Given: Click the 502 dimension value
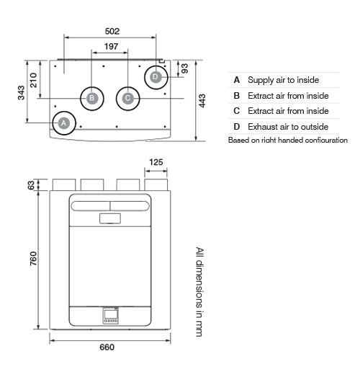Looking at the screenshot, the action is tap(112, 31).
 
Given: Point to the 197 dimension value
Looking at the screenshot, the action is tap(111, 46).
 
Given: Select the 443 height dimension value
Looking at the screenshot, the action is tap(202, 101).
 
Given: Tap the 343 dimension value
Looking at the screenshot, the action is tap(21, 92).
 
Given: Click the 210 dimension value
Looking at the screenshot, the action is tap(33, 80).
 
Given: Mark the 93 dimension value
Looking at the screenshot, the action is tap(184, 68).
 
